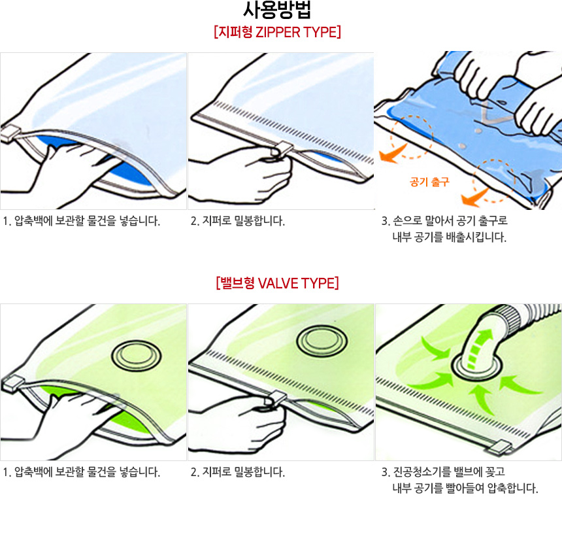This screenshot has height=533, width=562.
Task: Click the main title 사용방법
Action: click(x=276, y=10)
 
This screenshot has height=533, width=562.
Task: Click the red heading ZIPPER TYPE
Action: click(x=297, y=32)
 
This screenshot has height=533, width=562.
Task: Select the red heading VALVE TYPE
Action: click(x=298, y=283)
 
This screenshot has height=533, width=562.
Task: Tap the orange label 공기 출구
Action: click(x=429, y=182)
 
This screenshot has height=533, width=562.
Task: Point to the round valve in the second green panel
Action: click(x=322, y=341)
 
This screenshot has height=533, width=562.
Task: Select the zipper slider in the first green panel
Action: click(x=10, y=384)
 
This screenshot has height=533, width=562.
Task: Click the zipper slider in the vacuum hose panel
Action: click(x=498, y=448)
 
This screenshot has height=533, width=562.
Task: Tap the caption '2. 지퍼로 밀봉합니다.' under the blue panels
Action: click(x=238, y=221)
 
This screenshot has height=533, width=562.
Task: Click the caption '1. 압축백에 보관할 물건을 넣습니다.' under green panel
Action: click(x=82, y=472)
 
